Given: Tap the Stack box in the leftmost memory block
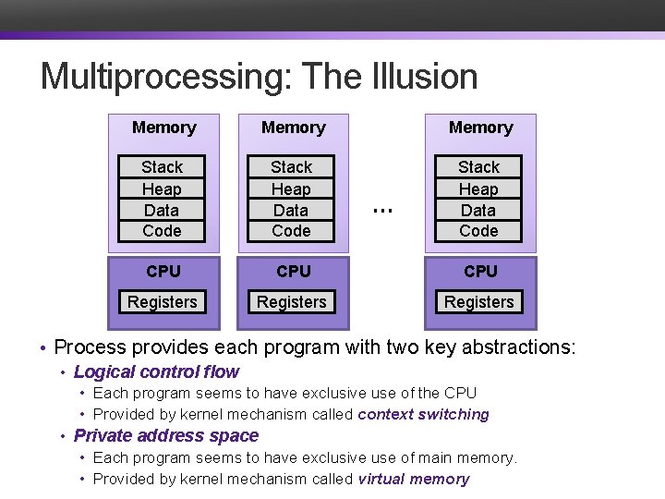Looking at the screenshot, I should [x=163, y=167].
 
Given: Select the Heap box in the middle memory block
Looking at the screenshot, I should [x=292, y=189].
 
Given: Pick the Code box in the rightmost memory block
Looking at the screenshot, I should [x=478, y=231].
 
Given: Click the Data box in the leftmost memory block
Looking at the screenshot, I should [x=163, y=210].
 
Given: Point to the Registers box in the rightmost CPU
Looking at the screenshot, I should [x=478, y=302].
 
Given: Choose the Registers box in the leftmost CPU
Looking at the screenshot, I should [x=163, y=302].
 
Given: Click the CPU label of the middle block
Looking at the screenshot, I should [x=293, y=272].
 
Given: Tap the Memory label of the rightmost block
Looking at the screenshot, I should [x=480, y=128].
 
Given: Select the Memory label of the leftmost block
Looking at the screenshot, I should [x=163, y=128].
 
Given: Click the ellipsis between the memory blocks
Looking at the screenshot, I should [x=381, y=210].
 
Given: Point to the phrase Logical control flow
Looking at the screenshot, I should [x=156, y=372].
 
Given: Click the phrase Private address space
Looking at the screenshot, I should [x=166, y=436].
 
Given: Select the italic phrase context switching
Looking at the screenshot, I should [x=423, y=415].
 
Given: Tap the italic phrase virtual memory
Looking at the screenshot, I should [x=413, y=479].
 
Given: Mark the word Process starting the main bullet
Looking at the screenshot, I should [x=91, y=348].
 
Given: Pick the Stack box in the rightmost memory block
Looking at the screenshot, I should [x=478, y=167].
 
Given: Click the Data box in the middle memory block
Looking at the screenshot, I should [x=292, y=210].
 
